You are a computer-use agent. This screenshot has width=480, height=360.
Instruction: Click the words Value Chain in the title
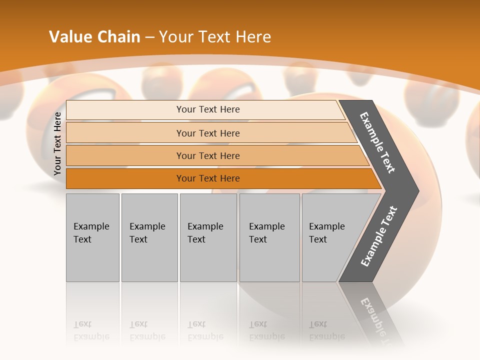click(x=94, y=37)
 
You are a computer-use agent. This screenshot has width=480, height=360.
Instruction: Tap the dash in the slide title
click(x=149, y=37)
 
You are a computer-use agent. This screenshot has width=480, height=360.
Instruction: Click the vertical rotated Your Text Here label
click(x=57, y=143)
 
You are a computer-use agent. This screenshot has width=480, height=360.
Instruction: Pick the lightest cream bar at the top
click(x=207, y=109)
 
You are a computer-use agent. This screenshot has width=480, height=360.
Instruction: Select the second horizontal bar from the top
click(x=207, y=133)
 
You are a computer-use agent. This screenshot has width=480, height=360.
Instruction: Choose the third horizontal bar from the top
click(x=207, y=155)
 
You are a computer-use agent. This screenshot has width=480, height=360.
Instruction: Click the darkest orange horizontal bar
click(x=207, y=178)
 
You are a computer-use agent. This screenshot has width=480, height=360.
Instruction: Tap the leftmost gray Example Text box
click(x=92, y=237)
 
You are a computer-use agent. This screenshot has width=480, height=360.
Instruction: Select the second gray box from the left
click(x=149, y=237)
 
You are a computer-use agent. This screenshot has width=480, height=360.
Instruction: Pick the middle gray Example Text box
click(x=208, y=237)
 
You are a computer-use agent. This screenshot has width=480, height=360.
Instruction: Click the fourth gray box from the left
click(x=269, y=237)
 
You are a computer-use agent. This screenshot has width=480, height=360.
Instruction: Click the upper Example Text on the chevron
click(x=377, y=142)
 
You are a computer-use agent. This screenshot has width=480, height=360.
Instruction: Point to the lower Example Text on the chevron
click(x=378, y=236)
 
